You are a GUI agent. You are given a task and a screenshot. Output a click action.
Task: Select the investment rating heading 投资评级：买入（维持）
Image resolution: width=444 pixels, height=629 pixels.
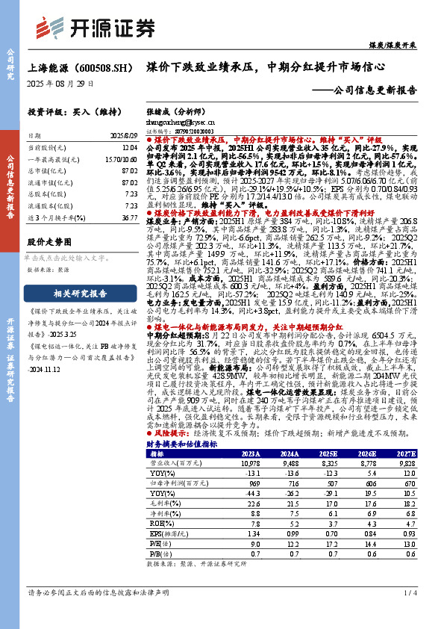(74, 111)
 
